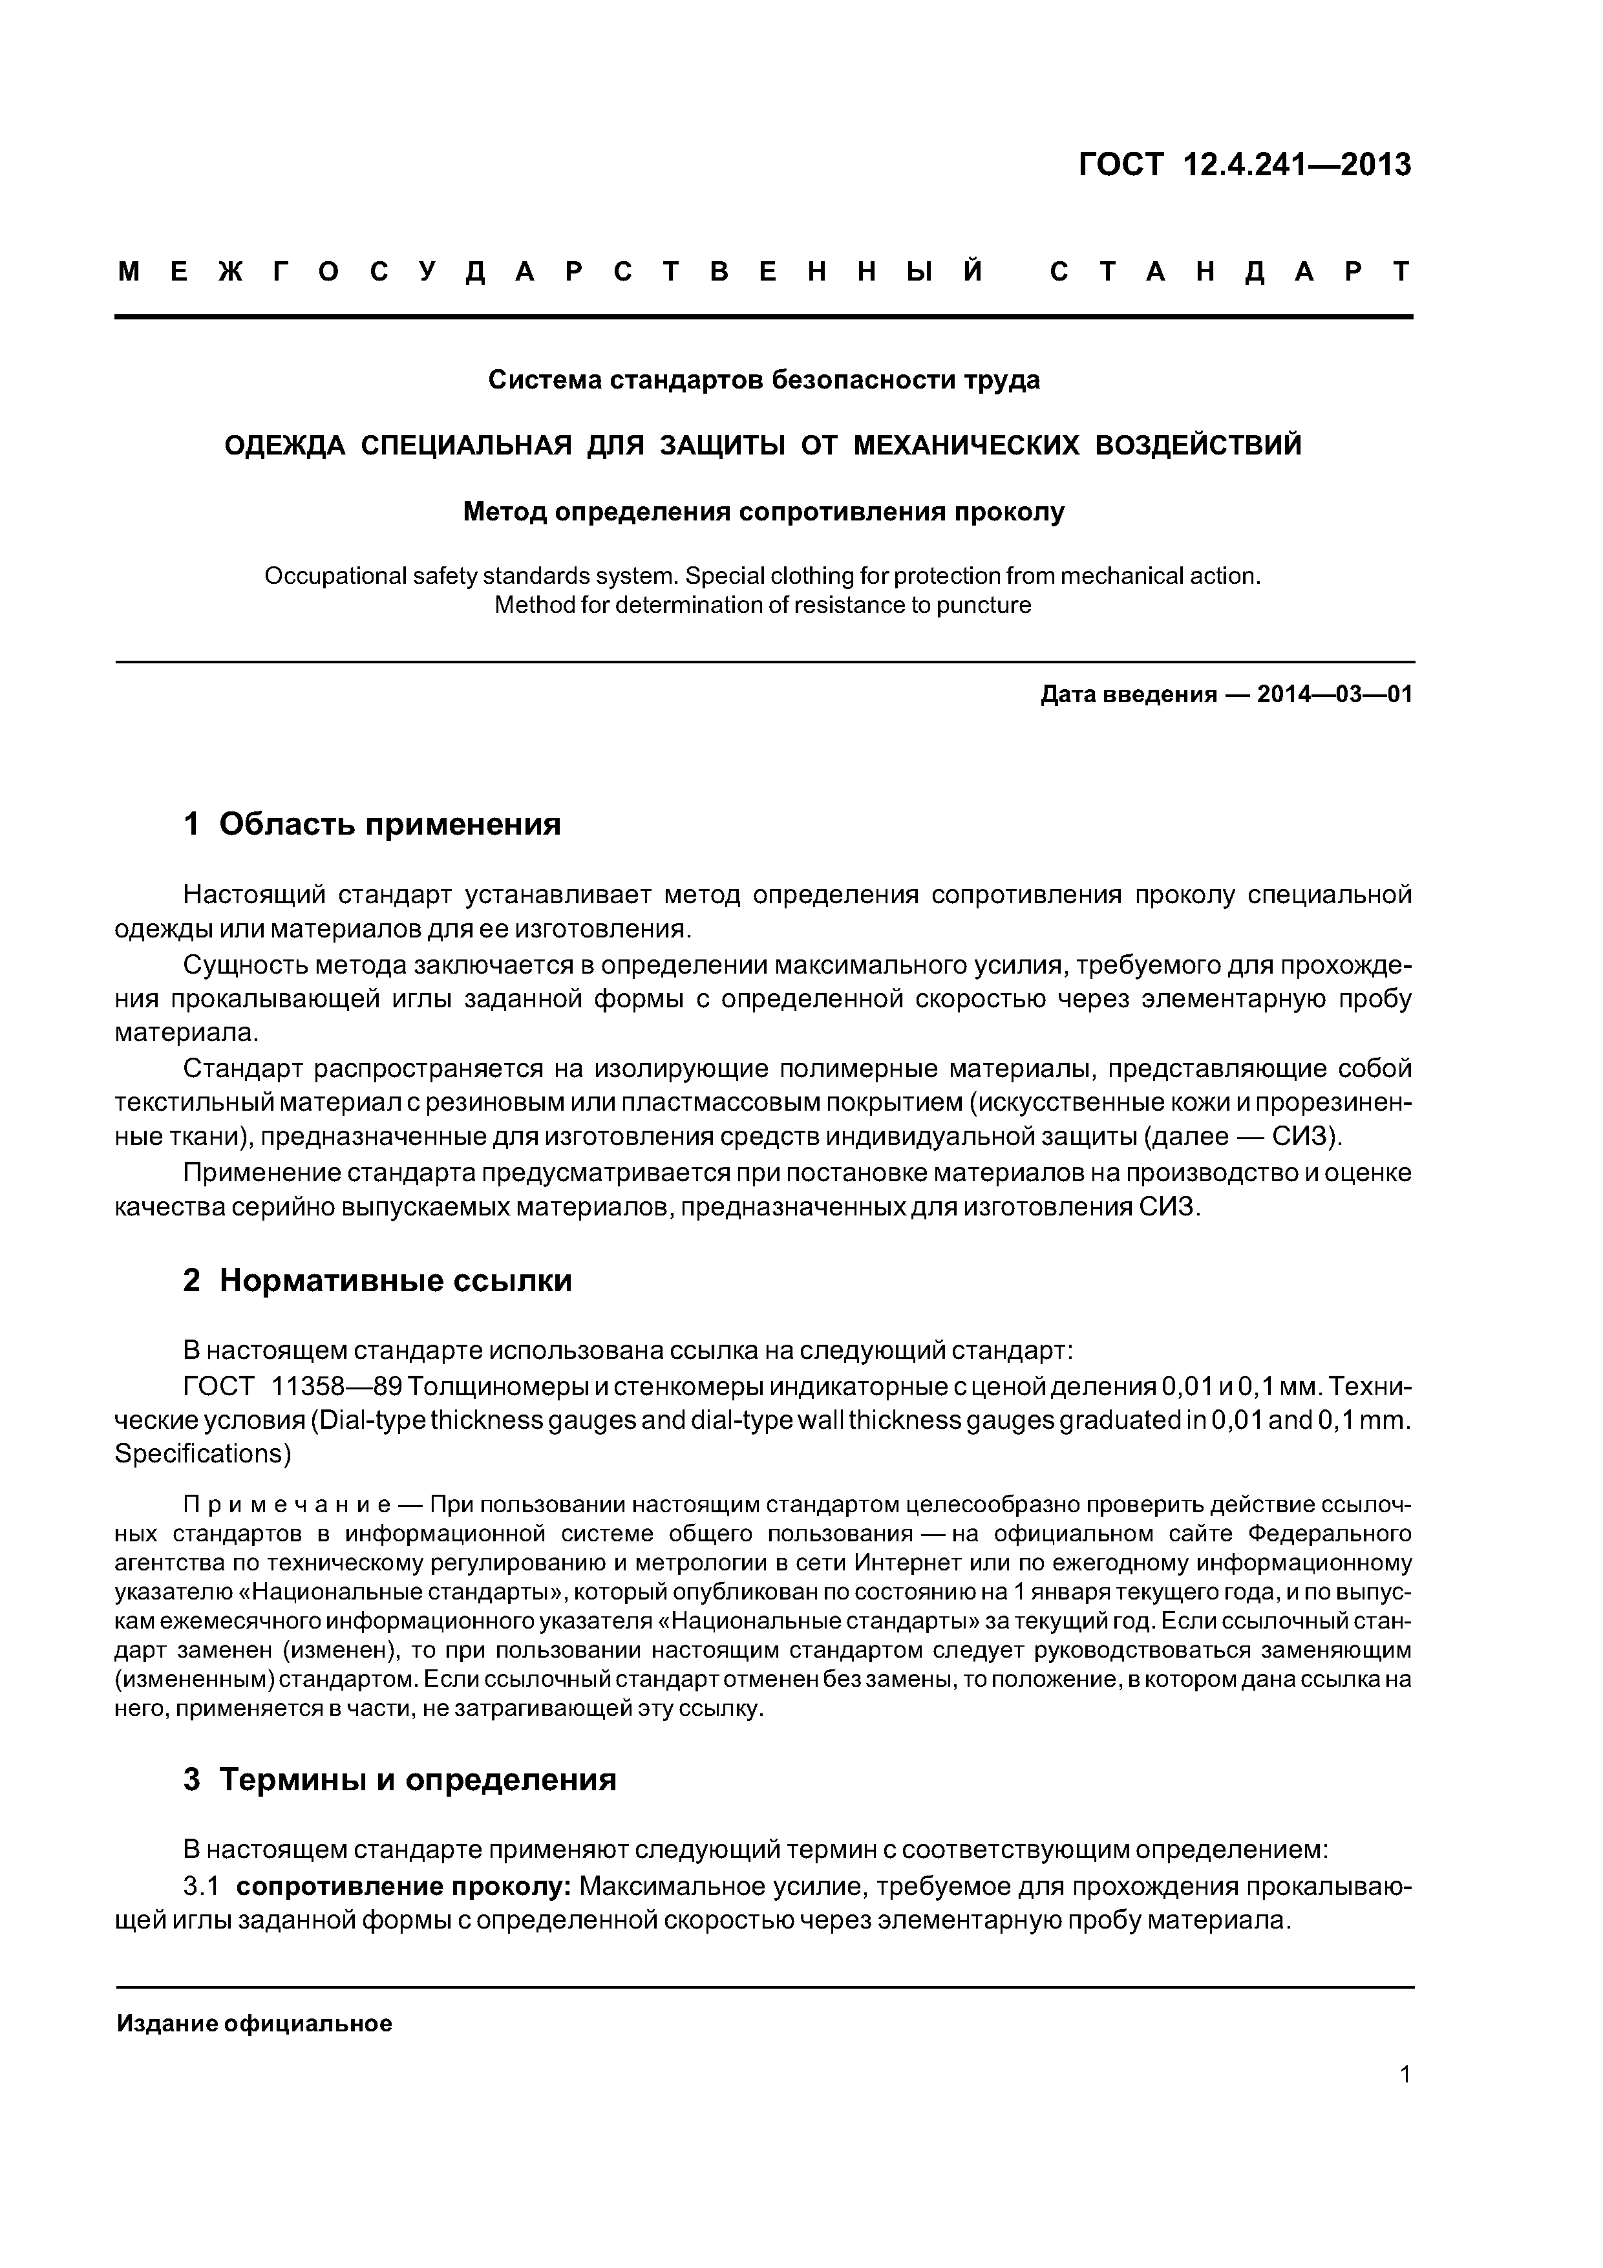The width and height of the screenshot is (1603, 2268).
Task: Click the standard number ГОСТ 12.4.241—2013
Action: (1244, 165)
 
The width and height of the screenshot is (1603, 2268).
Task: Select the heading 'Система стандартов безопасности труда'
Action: (763, 380)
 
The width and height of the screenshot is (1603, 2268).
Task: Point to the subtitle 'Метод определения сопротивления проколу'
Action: (763, 511)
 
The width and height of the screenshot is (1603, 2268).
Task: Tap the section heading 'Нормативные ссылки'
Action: (395, 1281)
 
